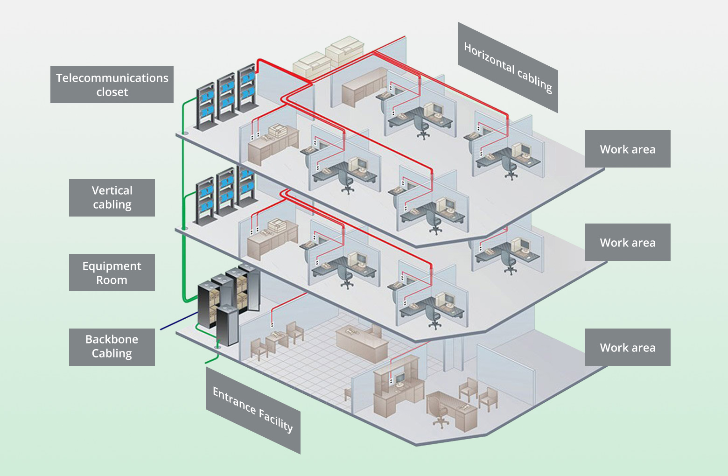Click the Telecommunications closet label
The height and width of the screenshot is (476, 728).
point(112,84)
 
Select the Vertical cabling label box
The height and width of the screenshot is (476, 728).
point(112,197)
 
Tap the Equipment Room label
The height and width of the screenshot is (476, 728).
point(112,273)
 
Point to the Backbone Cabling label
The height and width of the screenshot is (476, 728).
point(112,347)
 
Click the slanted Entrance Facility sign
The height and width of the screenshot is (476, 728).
point(253,410)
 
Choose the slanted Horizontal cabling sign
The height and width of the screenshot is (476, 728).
point(508,68)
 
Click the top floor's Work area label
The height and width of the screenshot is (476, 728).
point(627,149)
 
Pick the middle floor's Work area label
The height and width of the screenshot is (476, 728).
point(627,242)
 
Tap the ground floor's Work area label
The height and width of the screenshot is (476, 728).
point(627,347)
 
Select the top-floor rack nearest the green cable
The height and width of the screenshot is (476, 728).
point(205,106)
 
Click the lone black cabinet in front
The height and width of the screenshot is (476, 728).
point(227,325)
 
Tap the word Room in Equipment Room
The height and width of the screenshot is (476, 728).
point(112,280)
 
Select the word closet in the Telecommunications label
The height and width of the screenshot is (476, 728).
point(112,92)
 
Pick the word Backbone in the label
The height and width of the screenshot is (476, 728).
point(112,339)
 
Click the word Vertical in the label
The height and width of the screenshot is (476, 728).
point(112,190)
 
